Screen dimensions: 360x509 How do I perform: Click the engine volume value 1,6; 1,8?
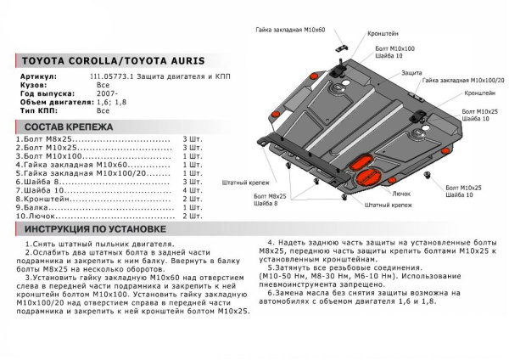point(109,102)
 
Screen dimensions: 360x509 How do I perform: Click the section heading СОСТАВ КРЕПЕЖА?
point(64,126)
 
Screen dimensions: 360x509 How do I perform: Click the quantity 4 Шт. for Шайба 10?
point(193,189)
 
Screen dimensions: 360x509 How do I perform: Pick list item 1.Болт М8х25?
point(48,138)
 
